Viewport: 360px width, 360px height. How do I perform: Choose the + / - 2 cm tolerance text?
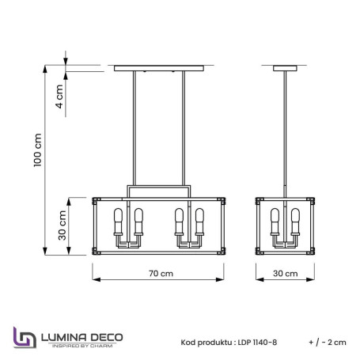[x=327, y=342]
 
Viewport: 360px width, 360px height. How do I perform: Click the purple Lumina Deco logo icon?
[x=25, y=336]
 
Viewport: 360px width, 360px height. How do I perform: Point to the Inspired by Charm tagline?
[x=80, y=347]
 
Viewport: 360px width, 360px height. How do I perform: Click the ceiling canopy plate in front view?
[x=162, y=68]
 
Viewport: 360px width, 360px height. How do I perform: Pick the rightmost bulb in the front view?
[x=199, y=218]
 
